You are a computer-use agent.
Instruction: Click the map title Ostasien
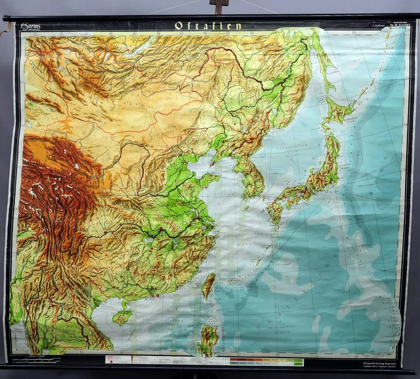(x=209, y=26)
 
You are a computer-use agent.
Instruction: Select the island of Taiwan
(x=208, y=286)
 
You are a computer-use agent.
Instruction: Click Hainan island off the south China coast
(x=122, y=317)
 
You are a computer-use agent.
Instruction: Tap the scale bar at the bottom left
(x=39, y=360)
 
